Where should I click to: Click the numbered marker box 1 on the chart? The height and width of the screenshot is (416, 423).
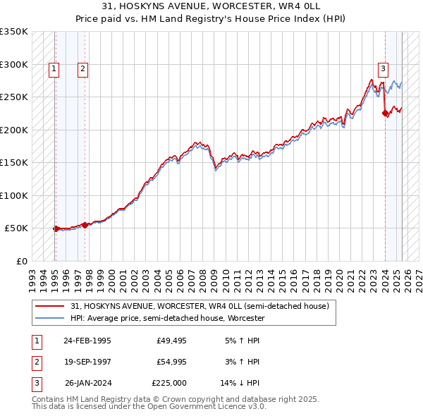coord(55,69)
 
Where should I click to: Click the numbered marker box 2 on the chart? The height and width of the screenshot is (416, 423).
coord(82,69)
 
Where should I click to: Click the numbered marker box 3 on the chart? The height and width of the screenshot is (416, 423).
coord(383,69)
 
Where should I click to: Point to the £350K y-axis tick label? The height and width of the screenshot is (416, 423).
coord(14,32)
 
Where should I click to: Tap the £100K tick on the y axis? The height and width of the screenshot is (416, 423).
coord(14,195)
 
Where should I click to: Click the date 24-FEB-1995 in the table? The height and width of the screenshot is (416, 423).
coord(87,341)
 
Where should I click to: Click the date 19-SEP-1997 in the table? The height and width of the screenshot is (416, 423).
coord(87,362)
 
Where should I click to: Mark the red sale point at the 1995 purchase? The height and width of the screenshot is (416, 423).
coord(56,228)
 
